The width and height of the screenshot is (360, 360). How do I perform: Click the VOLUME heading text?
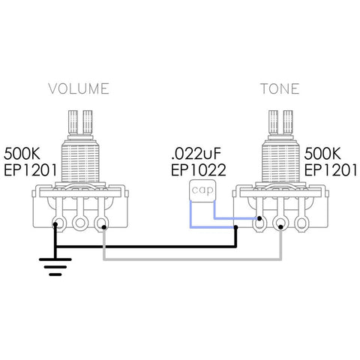point(79,88)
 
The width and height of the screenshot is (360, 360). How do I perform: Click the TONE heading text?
point(280,88)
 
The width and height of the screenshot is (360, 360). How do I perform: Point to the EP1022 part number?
point(198,169)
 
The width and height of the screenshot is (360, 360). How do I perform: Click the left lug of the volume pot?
point(56,222)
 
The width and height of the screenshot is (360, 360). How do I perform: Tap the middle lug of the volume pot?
point(79,222)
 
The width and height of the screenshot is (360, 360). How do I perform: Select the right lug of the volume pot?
point(103,222)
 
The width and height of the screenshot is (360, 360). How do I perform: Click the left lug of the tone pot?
point(259,222)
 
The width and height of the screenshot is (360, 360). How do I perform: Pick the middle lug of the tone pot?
point(281,222)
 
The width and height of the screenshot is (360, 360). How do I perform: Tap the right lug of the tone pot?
point(304,222)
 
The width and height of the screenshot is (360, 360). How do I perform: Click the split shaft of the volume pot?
point(79,121)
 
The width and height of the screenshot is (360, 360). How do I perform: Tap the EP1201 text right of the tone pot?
point(332,169)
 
